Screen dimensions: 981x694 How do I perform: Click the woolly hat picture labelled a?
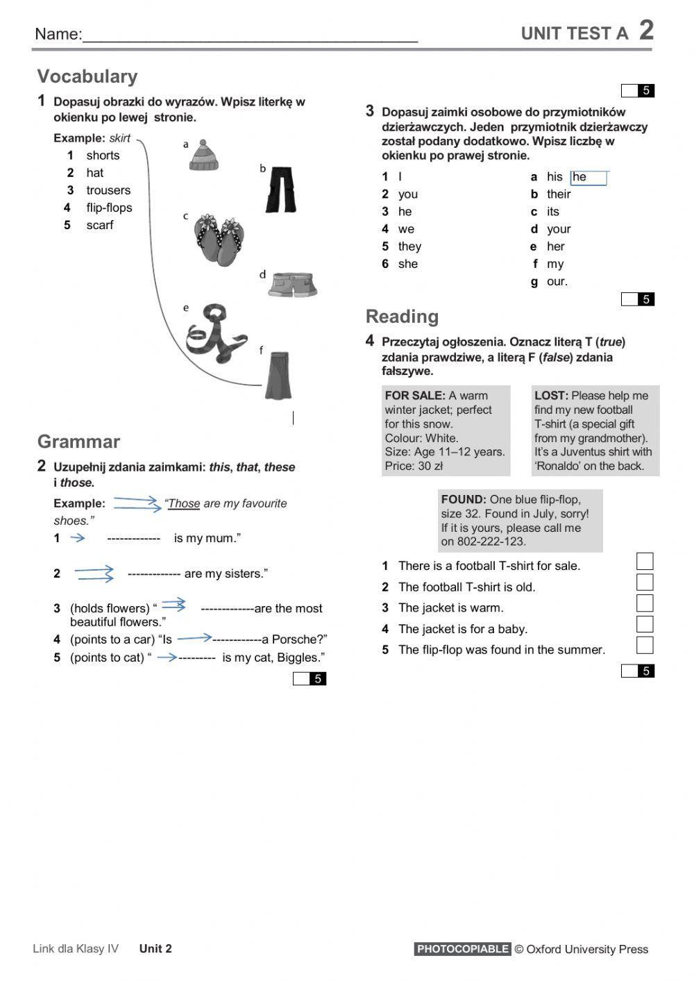tap(204, 156)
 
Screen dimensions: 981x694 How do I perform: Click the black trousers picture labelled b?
tap(282, 190)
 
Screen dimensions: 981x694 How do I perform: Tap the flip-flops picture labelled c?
tap(217, 240)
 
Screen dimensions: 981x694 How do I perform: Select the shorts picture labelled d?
tap(293, 284)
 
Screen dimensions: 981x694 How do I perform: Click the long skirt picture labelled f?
tap(278, 375)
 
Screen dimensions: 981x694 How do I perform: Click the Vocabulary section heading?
tap(87, 76)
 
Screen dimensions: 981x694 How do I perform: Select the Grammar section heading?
tap(78, 442)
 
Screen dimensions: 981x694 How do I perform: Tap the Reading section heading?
tap(402, 317)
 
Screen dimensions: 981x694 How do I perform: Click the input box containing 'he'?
tap(589, 178)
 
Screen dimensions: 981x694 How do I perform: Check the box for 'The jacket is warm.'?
tap(645, 603)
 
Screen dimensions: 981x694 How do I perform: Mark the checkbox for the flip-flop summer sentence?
tap(645, 645)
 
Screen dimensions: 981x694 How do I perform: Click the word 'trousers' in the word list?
tap(108, 190)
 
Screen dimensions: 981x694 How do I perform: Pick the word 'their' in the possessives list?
tap(559, 194)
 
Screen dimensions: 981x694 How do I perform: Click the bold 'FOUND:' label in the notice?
tap(464, 499)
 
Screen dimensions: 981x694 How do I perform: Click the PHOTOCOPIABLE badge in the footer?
tap(462, 949)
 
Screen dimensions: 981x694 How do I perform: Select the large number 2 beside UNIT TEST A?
tap(646, 30)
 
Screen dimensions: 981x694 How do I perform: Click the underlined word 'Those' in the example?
tap(184, 503)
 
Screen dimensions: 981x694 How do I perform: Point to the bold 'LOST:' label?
tap(551, 396)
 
